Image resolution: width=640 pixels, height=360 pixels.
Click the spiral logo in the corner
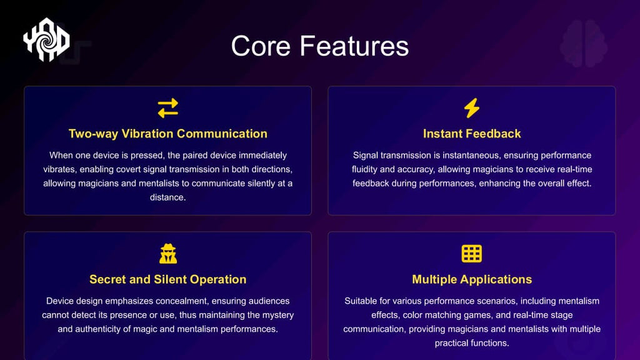click(46, 39)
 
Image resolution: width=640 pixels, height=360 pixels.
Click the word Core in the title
click(261, 46)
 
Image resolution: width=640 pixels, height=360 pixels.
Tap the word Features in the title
click(354, 46)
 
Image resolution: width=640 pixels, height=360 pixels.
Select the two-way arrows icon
click(167, 108)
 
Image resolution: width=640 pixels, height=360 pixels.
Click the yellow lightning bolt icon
click(472, 108)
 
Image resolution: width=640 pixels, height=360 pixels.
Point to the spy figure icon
click(168, 254)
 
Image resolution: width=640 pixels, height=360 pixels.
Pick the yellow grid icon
click(472, 254)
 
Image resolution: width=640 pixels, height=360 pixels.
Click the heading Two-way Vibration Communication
click(167, 134)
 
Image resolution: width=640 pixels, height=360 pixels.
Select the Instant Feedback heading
click(472, 134)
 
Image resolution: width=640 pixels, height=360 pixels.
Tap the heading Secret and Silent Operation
click(167, 279)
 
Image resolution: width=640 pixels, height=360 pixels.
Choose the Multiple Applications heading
click(472, 279)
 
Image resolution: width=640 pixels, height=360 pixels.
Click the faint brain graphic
click(584, 44)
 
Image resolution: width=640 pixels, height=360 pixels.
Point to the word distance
click(167, 197)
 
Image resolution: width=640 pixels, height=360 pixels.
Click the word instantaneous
click(467, 156)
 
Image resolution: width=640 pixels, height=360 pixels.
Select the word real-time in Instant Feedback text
click(572, 169)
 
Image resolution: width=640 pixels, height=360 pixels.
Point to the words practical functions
click(472, 343)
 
